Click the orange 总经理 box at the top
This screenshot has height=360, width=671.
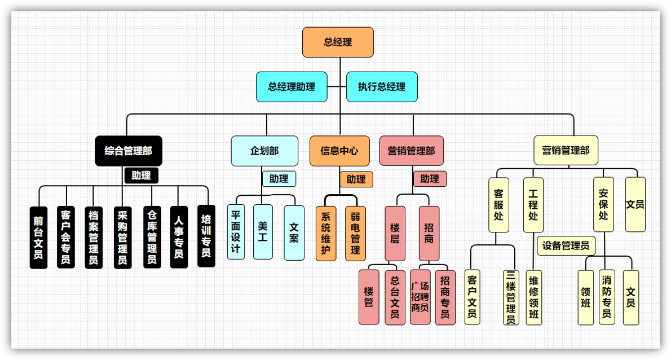[x=338, y=42]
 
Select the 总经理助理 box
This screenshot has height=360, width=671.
[x=292, y=87]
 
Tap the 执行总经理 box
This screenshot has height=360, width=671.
[x=382, y=87]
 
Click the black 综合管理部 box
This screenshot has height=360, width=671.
[x=128, y=151]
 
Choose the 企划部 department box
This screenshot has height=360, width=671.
[x=264, y=151]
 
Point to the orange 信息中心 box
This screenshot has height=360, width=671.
[x=339, y=151]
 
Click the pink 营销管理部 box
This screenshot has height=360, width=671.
[x=411, y=151]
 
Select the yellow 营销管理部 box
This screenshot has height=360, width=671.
[x=566, y=151]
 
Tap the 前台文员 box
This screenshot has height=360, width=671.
[x=38, y=237]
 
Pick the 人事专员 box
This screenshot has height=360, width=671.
[x=179, y=237]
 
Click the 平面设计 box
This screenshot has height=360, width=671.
[x=236, y=232]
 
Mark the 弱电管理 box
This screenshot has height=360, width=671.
[x=355, y=233]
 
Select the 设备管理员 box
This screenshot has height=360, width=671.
[x=566, y=245]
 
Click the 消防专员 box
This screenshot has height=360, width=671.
[x=607, y=297]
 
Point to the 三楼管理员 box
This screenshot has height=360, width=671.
[x=511, y=297]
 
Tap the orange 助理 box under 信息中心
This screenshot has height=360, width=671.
[x=356, y=179]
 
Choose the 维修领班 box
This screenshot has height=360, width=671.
[x=534, y=297]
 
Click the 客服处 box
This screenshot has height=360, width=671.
[x=498, y=204]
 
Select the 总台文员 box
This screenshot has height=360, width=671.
[x=395, y=297]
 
